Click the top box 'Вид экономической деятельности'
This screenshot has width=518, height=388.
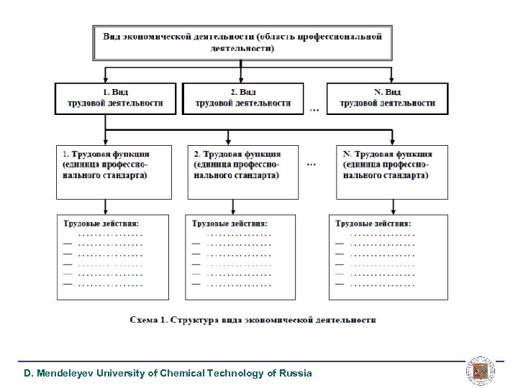click(242, 42)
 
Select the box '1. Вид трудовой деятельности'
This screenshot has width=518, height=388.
click(115, 98)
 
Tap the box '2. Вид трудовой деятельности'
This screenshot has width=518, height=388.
click(242, 98)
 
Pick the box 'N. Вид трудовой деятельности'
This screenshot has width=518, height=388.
click(387, 98)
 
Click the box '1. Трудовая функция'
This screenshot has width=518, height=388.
click(114, 172)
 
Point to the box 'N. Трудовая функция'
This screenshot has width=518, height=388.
click(391, 172)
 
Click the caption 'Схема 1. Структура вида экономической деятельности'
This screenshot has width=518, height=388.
click(253, 319)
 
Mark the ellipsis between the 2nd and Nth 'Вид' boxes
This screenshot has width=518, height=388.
click(314, 110)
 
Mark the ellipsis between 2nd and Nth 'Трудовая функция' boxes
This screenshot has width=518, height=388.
click(311, 165)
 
